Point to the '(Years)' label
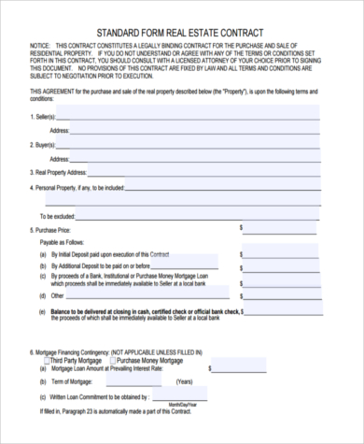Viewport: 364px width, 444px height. (x=185, y=382)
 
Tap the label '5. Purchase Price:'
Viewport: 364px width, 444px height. (x=47, y=228)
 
